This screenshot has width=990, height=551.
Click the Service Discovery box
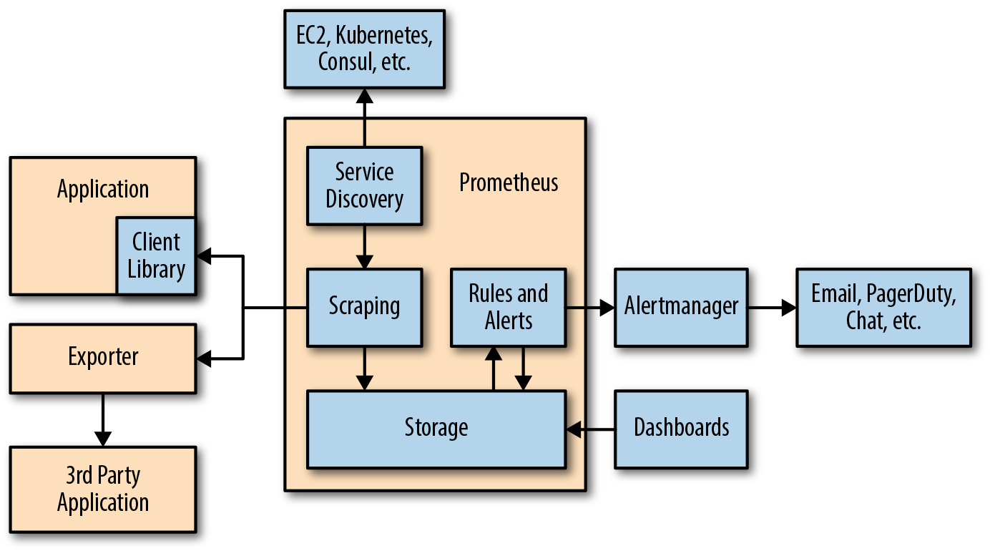point(364,185)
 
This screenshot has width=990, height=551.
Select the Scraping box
point(364,307)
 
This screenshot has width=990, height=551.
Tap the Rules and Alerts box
point(508,307)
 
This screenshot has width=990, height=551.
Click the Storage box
point(436,429)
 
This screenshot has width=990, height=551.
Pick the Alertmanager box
point(681,307)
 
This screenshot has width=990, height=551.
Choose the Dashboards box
point(681,429)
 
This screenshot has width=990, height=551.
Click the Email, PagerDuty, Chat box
point(883,307)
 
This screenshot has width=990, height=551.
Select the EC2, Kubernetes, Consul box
point(364,49)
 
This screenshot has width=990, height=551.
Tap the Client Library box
point(156,255)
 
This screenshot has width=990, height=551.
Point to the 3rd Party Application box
point(103,489)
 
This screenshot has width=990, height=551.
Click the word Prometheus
point(509,182)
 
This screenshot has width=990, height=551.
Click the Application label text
point(103,190)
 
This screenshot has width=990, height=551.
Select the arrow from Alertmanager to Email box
point(773,308)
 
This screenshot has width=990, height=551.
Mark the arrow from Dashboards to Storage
point(591,429)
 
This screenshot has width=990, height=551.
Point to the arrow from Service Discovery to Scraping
point(365,247)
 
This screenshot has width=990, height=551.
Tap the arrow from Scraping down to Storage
point(365,369)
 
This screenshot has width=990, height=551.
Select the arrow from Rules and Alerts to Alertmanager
point(591,308)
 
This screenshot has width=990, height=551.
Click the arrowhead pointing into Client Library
point(205,255)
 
